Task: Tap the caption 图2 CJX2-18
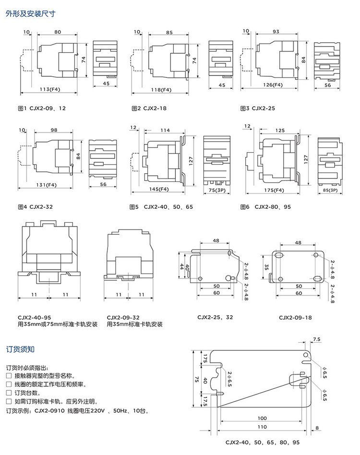click(149, 108)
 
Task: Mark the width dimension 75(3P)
click(216, 190)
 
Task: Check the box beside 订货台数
click(9, 393)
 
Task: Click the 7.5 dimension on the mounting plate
click(316, 339)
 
